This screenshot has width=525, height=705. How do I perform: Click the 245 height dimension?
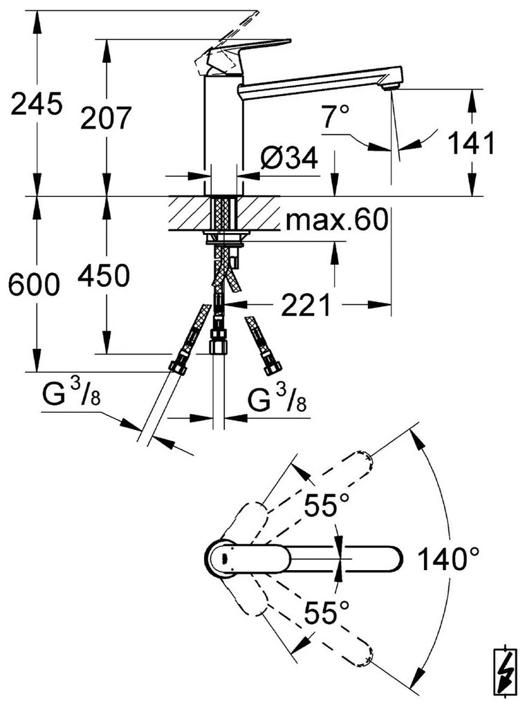(x=36, y=104)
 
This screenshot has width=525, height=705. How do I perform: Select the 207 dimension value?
(x=105, y=118)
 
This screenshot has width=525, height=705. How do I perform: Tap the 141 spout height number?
(x=472, y=143)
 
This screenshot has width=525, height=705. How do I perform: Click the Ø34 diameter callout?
(x=288, y=159)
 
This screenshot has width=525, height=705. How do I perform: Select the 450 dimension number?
(x=103, y=276)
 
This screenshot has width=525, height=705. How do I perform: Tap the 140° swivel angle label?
(x=449, y=558)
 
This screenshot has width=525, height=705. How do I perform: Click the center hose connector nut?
(x=219, y=344)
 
